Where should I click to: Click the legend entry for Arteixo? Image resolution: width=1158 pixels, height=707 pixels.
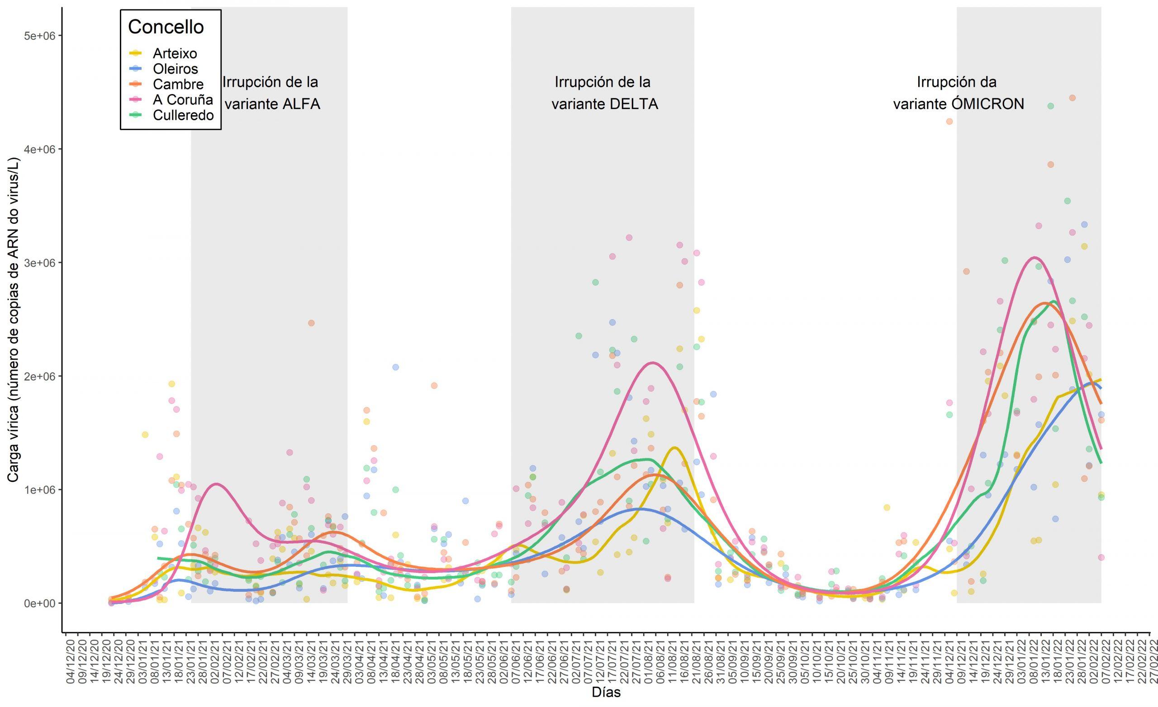(174, 53)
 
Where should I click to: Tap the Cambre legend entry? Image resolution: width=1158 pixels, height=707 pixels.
(178, 85)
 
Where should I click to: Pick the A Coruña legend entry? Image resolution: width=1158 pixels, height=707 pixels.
(182, 100)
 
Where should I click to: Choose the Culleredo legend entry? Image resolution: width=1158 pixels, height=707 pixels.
(183, 116)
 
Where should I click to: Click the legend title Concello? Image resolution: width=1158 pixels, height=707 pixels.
(166, 27)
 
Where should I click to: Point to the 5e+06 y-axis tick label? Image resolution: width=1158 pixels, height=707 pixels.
(39, 36)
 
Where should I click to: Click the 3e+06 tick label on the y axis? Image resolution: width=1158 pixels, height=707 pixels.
(39, 263)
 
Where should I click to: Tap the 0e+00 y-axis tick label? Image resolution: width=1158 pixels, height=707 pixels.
(39, 603)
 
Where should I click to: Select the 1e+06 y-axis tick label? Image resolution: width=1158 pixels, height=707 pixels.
(39, 490)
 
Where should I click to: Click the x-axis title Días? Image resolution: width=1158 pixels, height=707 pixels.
(606, 693)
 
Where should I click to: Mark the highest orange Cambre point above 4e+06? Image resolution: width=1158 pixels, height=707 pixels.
(1072, 98)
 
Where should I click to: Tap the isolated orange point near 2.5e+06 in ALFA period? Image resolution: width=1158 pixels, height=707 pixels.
(311, 323)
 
